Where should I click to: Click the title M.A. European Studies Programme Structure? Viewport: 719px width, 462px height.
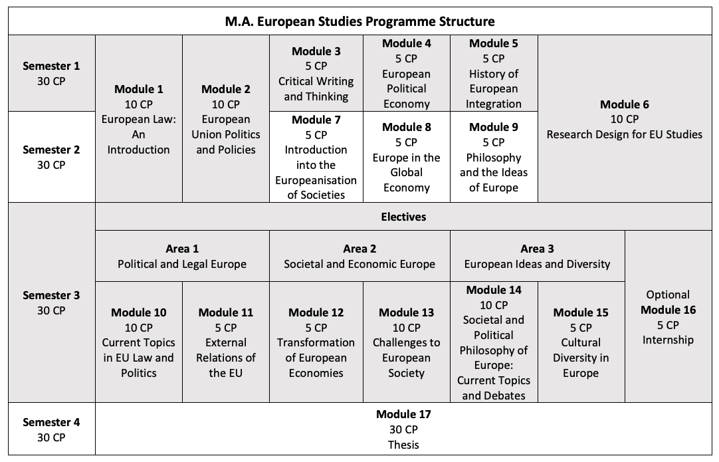[359, 21]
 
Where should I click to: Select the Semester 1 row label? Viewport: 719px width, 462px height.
[51, 73]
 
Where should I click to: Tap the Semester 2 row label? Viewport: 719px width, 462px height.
[51, 157]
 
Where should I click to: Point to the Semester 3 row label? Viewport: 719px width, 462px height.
[51, 302]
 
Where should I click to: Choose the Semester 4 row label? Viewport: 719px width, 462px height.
[51, 429]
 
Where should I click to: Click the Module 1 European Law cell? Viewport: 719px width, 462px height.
[138, 119]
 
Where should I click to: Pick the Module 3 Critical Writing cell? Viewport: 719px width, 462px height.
[316, 73]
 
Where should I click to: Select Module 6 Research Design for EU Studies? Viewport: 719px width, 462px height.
[624, 119]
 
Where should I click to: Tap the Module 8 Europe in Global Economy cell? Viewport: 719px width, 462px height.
[406, 157]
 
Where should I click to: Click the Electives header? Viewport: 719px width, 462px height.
[403, 217]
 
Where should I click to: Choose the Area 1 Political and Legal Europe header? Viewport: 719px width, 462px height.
[182, 256]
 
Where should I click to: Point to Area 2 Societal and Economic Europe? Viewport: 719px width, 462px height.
[359, 256]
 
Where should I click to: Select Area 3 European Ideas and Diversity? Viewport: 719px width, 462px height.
[537, 256]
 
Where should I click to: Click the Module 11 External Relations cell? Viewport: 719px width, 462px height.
[226, 342]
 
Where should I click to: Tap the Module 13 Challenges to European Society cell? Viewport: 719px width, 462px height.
[406, 342]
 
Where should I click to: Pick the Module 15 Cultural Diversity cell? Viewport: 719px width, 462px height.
[581, 342]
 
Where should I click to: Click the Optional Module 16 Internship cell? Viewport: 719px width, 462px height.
[669, 317]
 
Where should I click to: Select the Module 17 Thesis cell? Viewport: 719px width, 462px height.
[403, 429]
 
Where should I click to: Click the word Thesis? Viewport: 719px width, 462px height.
[403, 445]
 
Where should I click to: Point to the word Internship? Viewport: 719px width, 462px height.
[669, 340]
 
